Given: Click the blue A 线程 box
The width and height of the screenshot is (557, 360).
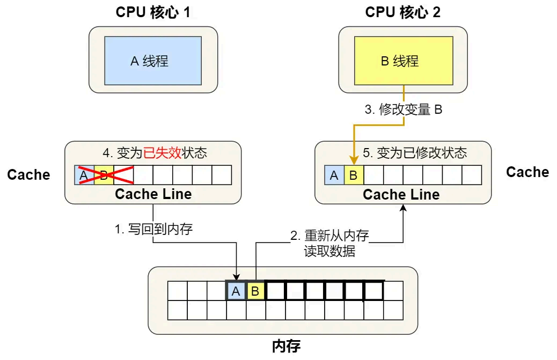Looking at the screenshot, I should click(x=153, y=61).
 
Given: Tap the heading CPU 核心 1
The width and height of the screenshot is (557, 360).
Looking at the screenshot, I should click(x=153, y=12).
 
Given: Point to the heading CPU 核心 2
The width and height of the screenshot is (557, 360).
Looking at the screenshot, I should click(x=403, y=12).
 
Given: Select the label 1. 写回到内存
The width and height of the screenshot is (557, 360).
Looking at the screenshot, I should click(x=153, y=230).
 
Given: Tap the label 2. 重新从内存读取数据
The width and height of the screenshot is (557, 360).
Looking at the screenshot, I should click(x=329, y=243).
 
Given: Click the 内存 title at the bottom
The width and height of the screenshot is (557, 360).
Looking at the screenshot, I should click(x=286, y=346).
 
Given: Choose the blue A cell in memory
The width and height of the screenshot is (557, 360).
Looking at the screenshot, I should click(x=236, y=291).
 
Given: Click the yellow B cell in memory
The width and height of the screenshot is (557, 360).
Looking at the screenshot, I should click(x=255, y=291).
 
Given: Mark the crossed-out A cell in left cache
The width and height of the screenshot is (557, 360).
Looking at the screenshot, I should click(x=84, y=175).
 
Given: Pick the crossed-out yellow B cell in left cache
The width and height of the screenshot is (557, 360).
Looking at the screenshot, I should click(x=104, y=175).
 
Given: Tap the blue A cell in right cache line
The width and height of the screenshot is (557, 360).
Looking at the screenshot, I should click(x=334, y=175).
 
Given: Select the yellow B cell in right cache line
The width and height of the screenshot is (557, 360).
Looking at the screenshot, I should click(x=354, y=175).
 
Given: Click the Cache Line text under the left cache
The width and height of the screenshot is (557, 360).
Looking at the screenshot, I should click(x=153, y=194).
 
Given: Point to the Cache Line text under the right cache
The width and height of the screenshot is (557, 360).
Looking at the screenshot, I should click(x=401, y=194).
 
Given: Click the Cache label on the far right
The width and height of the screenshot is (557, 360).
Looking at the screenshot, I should click(x=527, y=172).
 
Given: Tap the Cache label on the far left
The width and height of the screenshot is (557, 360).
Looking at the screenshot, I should click(x=29, y=175).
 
